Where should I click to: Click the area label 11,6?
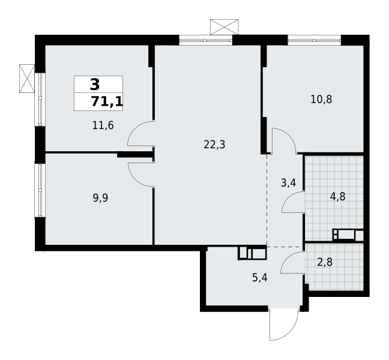(103, 125)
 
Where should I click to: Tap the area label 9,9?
(100, 197)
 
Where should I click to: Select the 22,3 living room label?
(214, 144)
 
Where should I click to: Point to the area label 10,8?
(321, 99)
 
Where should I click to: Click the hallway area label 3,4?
(288, 182)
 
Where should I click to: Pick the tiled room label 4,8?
(337, 196)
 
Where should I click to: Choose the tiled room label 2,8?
(324, 262)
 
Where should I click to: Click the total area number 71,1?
(107, 101)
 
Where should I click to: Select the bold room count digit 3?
(95, 85)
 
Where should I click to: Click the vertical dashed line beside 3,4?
(267, 198)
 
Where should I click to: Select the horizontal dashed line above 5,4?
(285, 247)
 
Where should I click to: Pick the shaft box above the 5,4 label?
(252, 253)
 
